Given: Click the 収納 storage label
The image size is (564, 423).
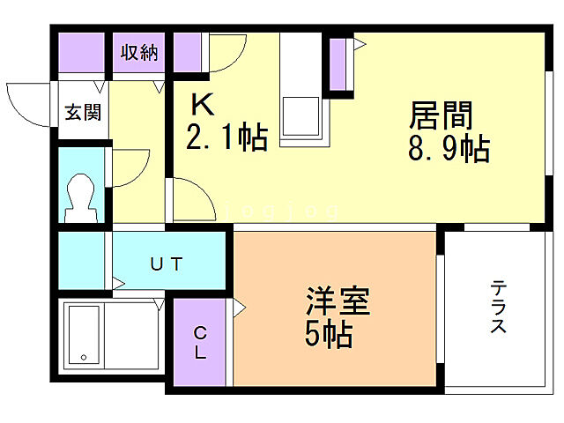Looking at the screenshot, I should point(139,53).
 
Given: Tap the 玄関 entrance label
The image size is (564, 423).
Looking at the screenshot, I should point(81,112).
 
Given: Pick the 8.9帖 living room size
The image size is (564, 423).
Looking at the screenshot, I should point(449,149).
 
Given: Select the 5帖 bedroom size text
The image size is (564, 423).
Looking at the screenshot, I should point(330,335).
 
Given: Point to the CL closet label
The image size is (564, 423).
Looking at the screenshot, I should point(201,343).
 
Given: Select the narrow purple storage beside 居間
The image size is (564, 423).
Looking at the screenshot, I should point(337,64).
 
